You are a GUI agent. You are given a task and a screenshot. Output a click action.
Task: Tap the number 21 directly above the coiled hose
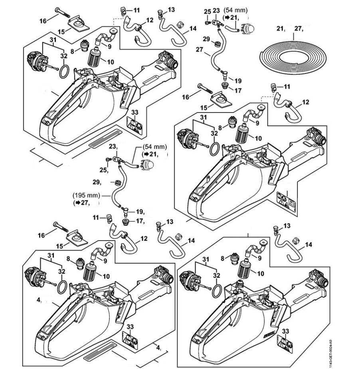281,29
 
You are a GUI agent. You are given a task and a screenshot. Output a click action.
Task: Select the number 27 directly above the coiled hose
298,29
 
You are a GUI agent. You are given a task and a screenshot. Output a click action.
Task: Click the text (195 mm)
86,196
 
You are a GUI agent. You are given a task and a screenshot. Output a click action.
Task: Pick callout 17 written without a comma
238,91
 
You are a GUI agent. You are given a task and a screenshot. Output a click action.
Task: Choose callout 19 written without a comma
238,80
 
